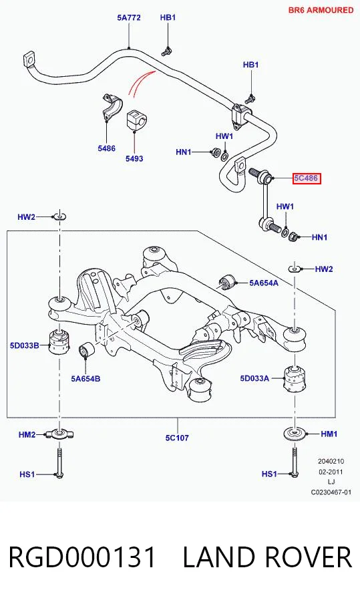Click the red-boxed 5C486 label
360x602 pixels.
pyautogui.click(x=307, y=178)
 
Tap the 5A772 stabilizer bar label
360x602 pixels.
pyautogui.click(x=129, y=17)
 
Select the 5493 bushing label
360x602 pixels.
pyautogui.click(x=134, y=158)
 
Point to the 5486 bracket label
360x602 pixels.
pyautogui.click(x=106, y=148)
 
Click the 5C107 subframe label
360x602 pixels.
pyautogui.click(x=177, y=437)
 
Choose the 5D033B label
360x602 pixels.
pyautogui.click(x=24, y=345)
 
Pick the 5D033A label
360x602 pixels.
pyautogui.click(x=255, y=378)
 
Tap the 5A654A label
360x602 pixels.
pyautogui.click(x=264, y=283)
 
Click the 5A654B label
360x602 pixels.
pyautogui.click(x=85, y=379)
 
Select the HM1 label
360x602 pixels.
pyautogui.click(x=329, y=434)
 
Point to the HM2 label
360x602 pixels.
pyautogui.click(x=27, y=434)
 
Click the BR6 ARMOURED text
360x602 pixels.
pyautogui.click(x=321, y=10)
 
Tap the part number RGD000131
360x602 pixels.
pyautogui.click(x=82, y=557)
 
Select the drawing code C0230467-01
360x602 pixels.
pyautogui.click(x=331, y=492)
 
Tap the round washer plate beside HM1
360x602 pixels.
pyautogui.click(x=295, y=434)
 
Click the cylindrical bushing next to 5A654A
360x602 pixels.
pyautogui.click(x=227, y=283)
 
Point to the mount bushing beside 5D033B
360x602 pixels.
pyautogui.click(x=59, y=341)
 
